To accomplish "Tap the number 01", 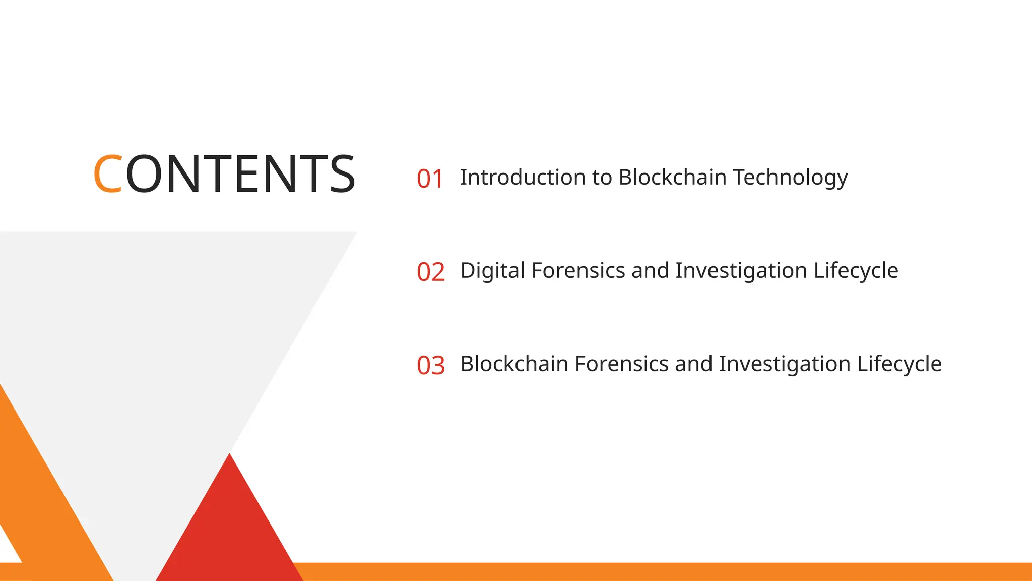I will pos(430,179).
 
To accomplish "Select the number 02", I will pos(431,272).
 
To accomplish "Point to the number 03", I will pos(431,366).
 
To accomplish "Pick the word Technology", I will pos(790,178).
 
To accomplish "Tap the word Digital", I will pos(492,271).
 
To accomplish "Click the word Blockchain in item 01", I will pos(672,178).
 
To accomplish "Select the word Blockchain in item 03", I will pos(514,364).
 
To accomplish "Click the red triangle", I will pos(229,530).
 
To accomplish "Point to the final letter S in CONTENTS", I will pos(343,174).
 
